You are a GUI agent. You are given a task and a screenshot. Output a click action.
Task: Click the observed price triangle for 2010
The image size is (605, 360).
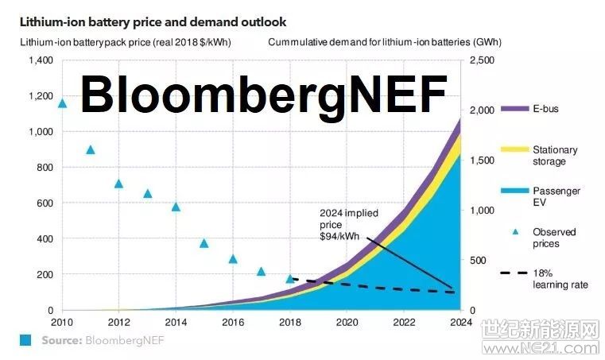click(62, 103)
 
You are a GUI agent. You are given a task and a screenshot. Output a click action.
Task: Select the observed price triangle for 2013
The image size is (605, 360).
click(147, 193)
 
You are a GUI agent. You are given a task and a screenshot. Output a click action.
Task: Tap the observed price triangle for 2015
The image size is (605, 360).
click(204, 243)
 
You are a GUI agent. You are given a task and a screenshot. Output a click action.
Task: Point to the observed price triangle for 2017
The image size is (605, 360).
click(261, 271)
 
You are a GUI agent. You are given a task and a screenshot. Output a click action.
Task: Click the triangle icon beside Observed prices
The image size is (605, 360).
click(515, 232)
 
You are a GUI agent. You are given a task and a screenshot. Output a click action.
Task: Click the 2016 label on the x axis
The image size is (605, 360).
click(233, 323)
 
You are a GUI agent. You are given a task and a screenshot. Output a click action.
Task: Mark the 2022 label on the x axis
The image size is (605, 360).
click(404, 323)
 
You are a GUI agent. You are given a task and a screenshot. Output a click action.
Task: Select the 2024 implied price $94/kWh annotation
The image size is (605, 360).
click(348, 224)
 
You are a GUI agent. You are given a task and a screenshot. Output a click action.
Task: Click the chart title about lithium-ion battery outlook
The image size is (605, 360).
click(153, 22)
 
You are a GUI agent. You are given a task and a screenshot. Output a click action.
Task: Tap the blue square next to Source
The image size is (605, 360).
click(25, 340)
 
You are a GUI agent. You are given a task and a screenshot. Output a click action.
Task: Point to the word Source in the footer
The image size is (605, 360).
click(61, 340)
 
